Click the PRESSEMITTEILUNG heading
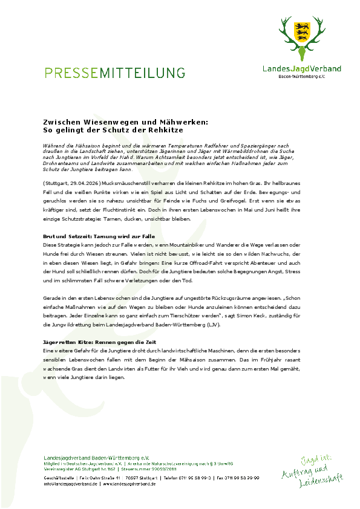pyautogui.click(x=115, y=73)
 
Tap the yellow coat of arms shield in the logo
pyautogui.click(x=302, y=30)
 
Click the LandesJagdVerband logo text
pyautogui.click(x=301, y=70)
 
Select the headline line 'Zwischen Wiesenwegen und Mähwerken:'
pyautogui.click(x=126, y=122)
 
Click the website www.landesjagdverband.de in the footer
pyautogui.click(x=128, y=484)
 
